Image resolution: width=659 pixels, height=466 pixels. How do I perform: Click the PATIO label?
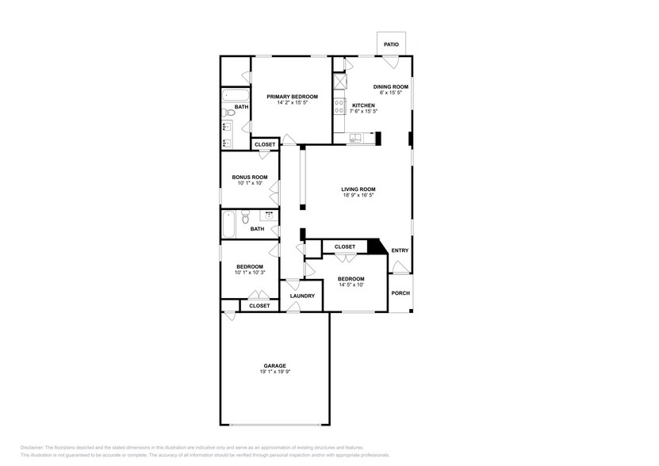click(391, 44)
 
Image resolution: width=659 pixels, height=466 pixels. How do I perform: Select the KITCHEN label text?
click(363, 105)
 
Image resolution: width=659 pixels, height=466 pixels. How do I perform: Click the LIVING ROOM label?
click(358, 189)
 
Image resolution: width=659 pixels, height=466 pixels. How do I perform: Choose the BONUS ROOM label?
click(249, 177)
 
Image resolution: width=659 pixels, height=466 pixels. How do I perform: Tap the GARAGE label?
click(275, 365)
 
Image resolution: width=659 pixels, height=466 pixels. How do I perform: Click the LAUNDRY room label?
click(302, 296)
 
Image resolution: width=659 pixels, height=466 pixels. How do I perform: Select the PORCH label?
click(400, 292)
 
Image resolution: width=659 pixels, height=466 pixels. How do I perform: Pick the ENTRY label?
click(400, 250)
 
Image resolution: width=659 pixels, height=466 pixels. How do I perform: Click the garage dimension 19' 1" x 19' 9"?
click(275, 372)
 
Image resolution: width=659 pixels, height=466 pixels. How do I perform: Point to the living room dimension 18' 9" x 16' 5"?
click(358, 195)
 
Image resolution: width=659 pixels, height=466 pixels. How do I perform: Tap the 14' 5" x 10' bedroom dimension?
click(351, 285)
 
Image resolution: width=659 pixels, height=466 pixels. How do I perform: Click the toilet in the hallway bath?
click(246, 216)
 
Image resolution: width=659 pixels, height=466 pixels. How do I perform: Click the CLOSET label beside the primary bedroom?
click(265, 144)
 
